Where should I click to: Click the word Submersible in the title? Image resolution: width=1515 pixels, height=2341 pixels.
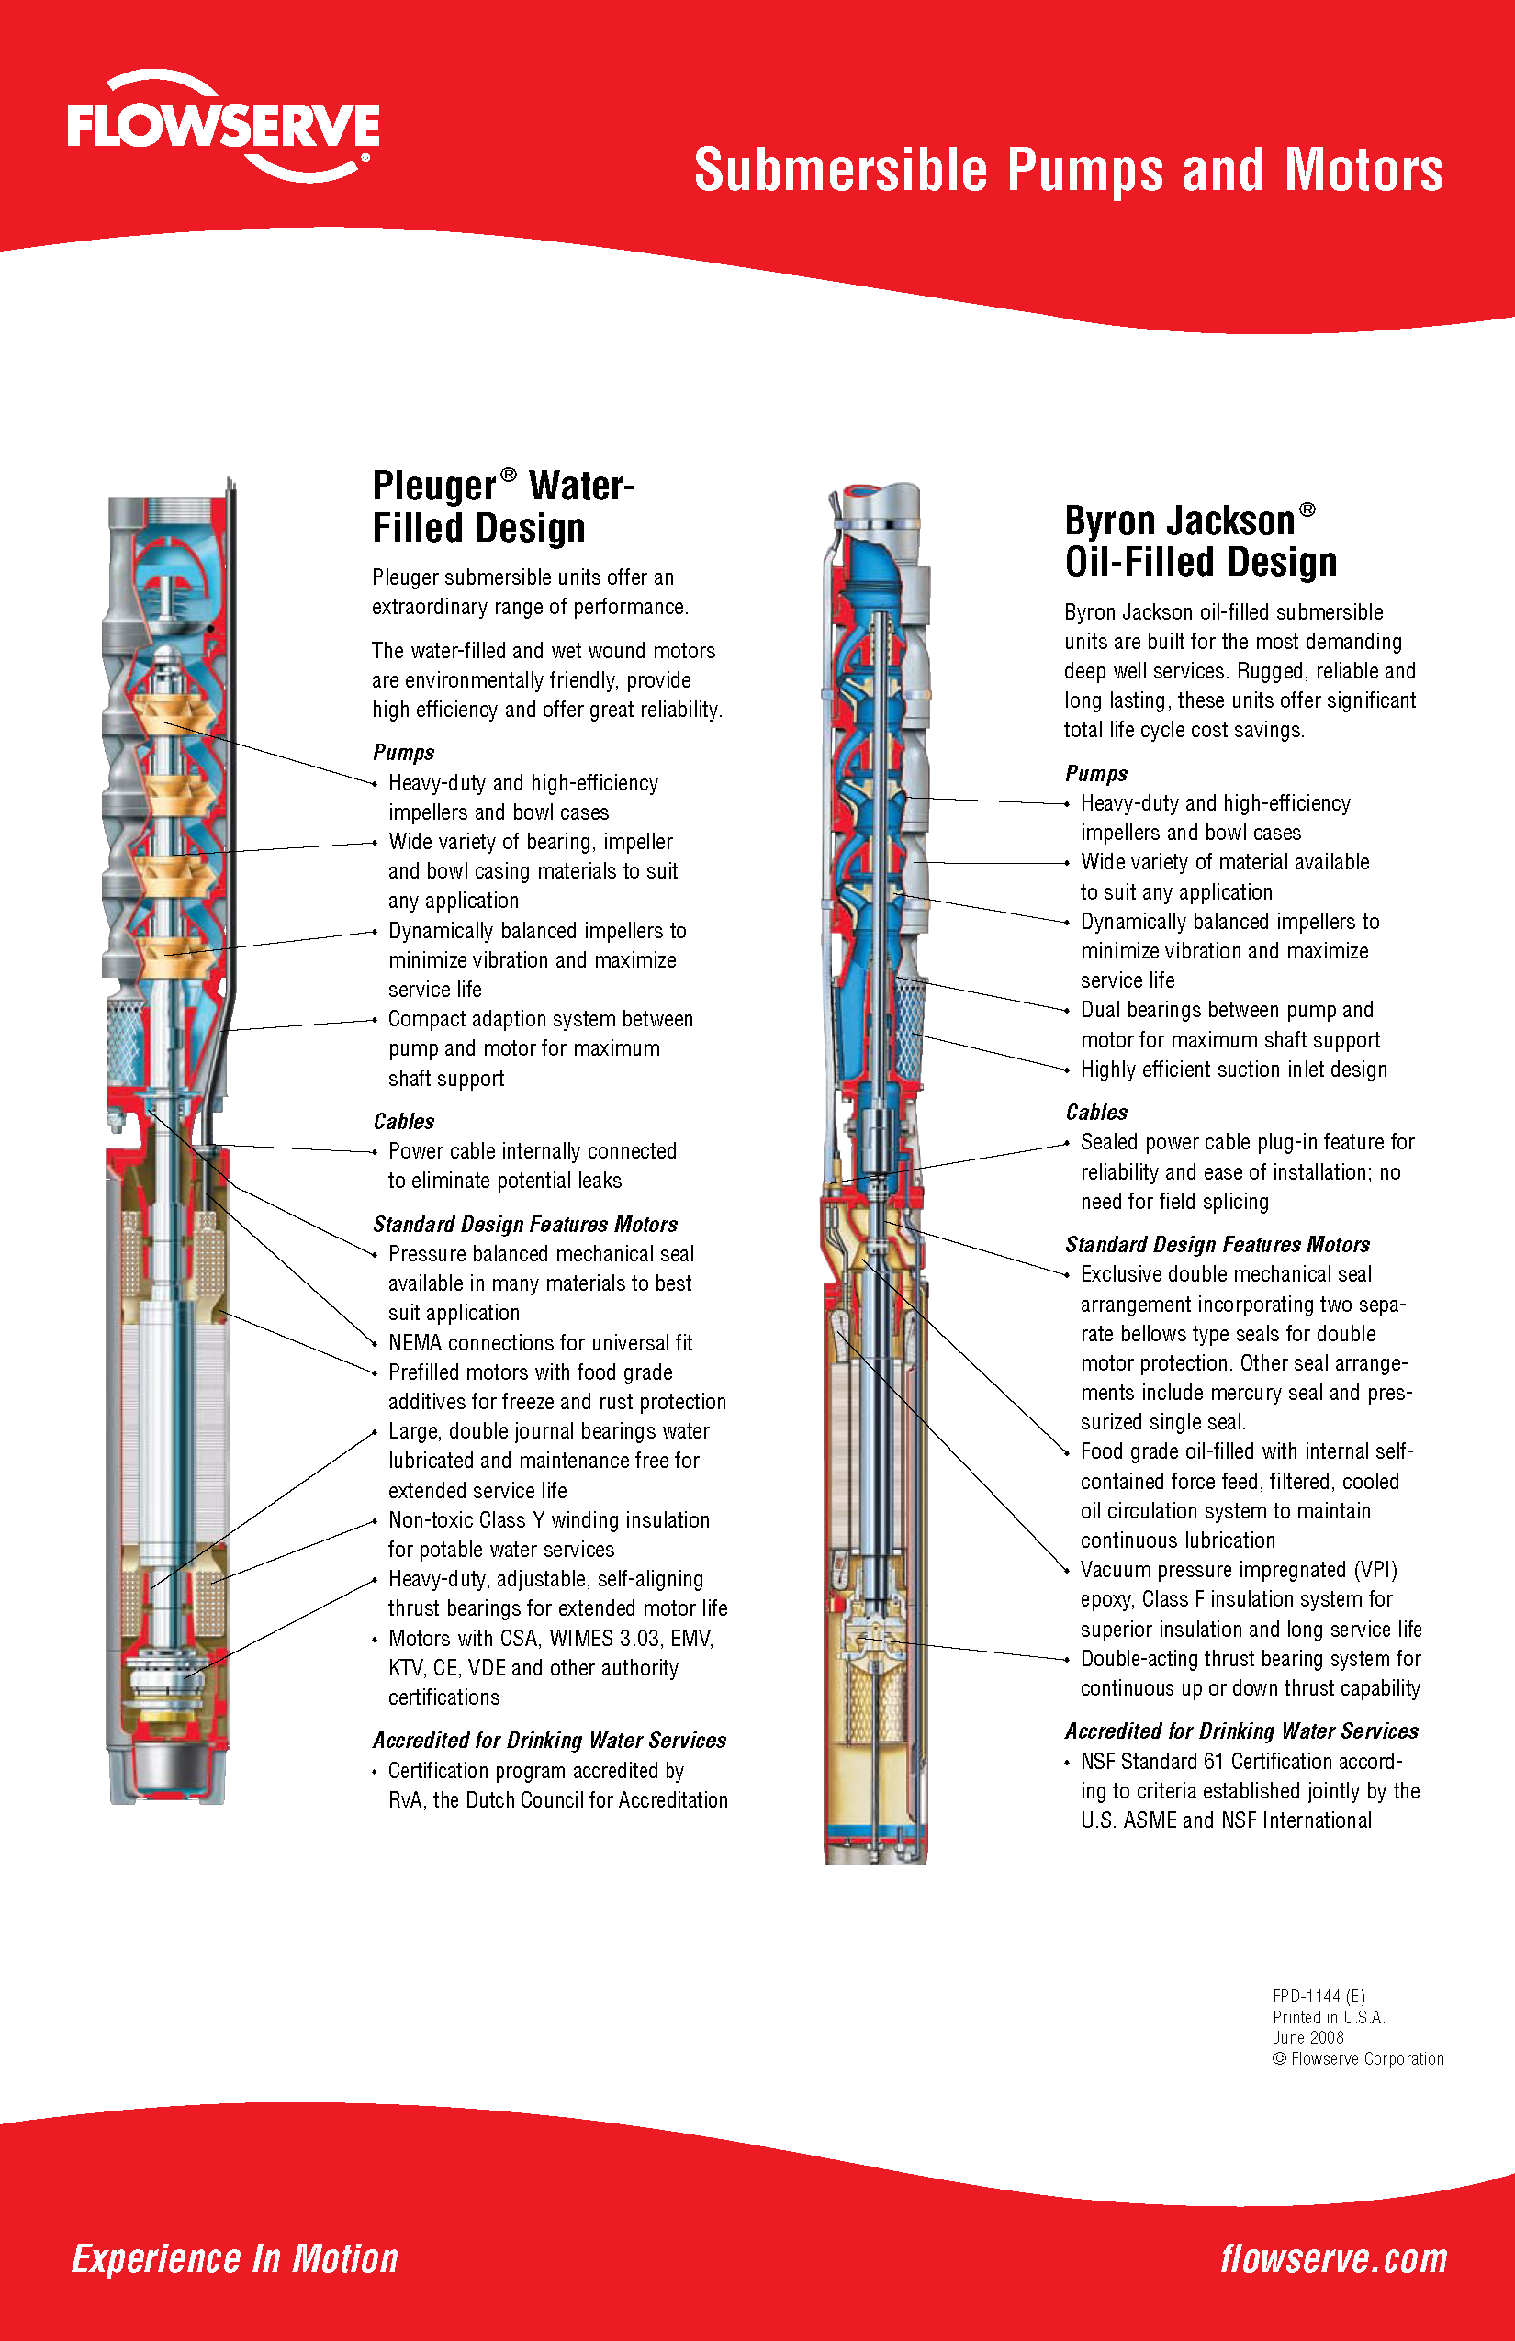click(840, 170)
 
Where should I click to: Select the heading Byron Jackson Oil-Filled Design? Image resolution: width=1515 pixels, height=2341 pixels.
click(1200, 541)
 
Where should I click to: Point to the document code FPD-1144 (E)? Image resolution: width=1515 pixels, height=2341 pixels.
click(1319, 1996)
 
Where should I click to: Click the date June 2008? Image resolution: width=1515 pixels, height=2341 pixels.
click(1307, 2037)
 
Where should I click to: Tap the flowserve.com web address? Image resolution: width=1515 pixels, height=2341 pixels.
click(1333, 2258)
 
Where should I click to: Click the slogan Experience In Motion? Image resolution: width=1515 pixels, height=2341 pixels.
click(235, 2258)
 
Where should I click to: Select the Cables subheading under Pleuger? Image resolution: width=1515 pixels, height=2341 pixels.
click(403, 1121)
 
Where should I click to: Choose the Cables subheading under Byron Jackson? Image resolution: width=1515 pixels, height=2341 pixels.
click(1096, 1113)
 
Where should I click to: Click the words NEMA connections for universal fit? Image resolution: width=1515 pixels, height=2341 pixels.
click(540, 1342)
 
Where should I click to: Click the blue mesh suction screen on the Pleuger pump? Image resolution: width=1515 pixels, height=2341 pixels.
click(125, 1038)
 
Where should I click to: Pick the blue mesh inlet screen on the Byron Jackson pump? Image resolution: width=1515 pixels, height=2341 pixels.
click(911, 1028)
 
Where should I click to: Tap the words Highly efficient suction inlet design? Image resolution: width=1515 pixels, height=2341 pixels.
click(1234, 1070)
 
